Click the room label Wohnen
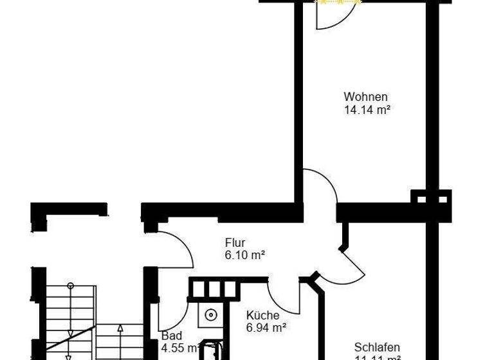pyautogui.click(x=365, y=97)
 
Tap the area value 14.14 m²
pyautogui.click(x=368, y=109)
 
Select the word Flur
pyautogui.click(x=235, y=243)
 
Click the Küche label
pyautogui.click(x=262, y=316)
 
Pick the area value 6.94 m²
pyautogui.click(x=266, y=328)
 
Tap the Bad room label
pyautogui.click(x=172, y=336)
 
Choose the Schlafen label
pyautogui.click(x=377, y=347)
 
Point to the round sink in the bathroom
pyautogui.click(x=210, y=315)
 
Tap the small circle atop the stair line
pyautogui.click(x=70, y=285)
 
